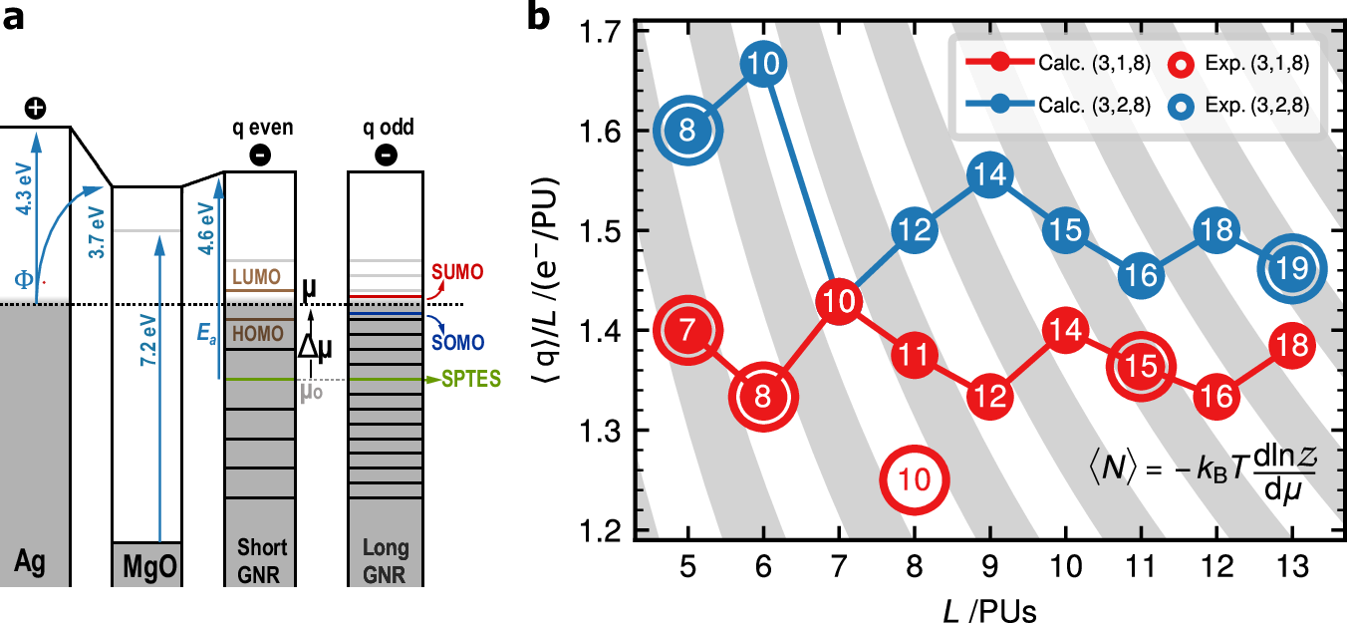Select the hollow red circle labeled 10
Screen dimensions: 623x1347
(x=914, y=479)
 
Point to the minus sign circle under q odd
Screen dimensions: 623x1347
(x=385, y=155)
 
